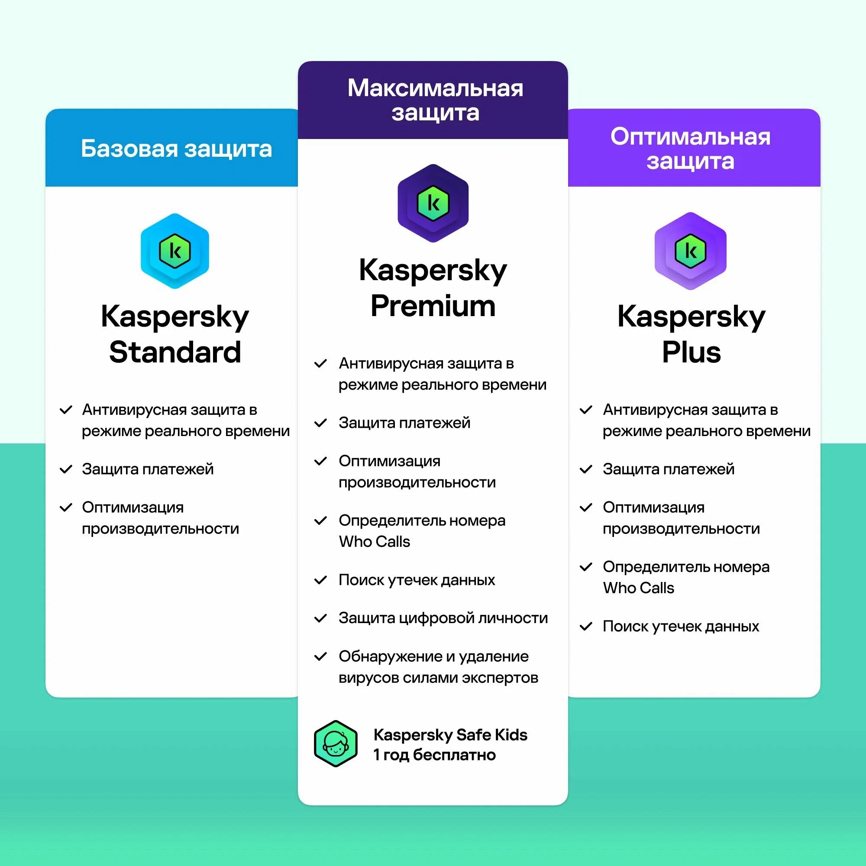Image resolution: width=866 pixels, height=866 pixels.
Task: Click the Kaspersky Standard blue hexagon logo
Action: pyautogui.click(x=175, y=251)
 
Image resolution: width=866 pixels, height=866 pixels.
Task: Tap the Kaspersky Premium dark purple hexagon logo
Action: pyautogui.click(x=433, y=204)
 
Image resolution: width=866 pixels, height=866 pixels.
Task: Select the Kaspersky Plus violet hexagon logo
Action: pyautogui.click(x=690, y=251)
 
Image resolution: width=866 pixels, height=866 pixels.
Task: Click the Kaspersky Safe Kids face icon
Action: pyautogui.click(x=336, y=743)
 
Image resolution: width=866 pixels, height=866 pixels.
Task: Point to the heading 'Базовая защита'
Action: pyautogui.click(x=176, y=149)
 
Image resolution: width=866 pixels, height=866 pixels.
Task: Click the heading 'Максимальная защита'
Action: pyautogui.click(x=435, y=100)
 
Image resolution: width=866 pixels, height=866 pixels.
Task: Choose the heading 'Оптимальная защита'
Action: pyautogui.click(x=690, y=149)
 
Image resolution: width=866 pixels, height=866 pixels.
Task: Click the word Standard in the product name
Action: pyautogui.click(x=175, y=352)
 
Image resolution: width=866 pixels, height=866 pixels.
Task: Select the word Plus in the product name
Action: pyautogui.click(x=691, y=352)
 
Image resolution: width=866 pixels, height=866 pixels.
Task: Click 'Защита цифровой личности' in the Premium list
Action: pyautogui.click(x=443, y=618)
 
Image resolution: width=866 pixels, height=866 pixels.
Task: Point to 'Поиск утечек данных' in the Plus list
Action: pyautogui.click(x=680, y=626)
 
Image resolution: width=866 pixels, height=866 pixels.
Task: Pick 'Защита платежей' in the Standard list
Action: pyautogui.click(x=148, y=469)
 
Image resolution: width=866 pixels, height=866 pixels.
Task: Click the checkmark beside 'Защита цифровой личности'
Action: pyautogui.click(x=320, y=619)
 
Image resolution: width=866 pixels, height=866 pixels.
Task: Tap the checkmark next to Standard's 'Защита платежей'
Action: pyautogui.click(x=66, y=469)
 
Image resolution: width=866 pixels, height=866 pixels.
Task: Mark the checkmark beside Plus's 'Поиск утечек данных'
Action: pyautogui.click(x=586, y=626)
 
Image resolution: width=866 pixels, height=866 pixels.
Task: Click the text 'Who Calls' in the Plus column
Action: pyautogui.click(x=638, y=588)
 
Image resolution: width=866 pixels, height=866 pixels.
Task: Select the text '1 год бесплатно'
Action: pyautogui.click(x=434, y=755)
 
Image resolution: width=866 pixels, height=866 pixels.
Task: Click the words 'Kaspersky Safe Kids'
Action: pyautogui.click(x=450, y=735)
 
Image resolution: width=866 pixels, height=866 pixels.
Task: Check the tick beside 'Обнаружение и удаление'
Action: pyautogui.click(x=320, y=657)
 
